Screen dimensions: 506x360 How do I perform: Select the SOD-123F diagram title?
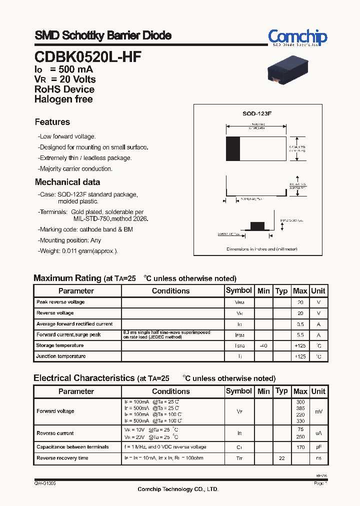coord(257,113)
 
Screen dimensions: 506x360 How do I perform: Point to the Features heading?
coord(52,122)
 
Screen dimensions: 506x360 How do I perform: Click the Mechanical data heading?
coord(67,182)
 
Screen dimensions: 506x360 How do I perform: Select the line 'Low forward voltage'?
coord(67,136)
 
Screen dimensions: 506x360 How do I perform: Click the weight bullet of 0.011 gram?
coord(78,251)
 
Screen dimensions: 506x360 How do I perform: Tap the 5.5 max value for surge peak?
coord(300,335)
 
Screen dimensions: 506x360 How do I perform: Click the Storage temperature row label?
coord(60,345)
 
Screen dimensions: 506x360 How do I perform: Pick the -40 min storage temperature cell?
coord(263,345)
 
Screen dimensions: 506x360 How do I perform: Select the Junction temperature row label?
coord(61,356)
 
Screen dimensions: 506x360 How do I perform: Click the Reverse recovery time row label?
coord(62,458)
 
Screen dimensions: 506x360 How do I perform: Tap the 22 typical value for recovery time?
coord(281,458)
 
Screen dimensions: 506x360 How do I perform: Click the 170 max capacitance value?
coord(300,447)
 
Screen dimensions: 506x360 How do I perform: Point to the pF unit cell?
coord(318,447)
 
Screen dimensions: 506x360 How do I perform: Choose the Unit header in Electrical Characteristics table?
coord(318,391)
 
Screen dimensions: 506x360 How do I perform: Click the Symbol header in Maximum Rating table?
coord(239,290)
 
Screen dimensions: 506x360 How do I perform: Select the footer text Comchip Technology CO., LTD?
coord(178,489)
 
